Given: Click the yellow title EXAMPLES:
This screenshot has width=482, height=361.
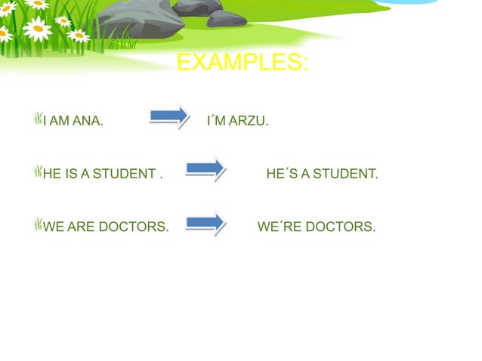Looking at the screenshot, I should (x=242, y=63).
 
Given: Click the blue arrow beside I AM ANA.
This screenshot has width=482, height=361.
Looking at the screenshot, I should (x=169, y=115).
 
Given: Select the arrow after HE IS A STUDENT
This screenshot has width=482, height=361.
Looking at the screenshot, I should (x=205, y=168).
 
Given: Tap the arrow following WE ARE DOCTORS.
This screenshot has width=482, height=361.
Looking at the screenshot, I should (x=205, y=222).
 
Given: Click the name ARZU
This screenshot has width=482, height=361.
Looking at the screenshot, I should (x=250, y=121).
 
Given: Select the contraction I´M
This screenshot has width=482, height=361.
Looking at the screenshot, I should (x=215, y=121).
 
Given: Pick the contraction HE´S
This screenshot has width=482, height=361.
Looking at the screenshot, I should (x=281, y=174).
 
